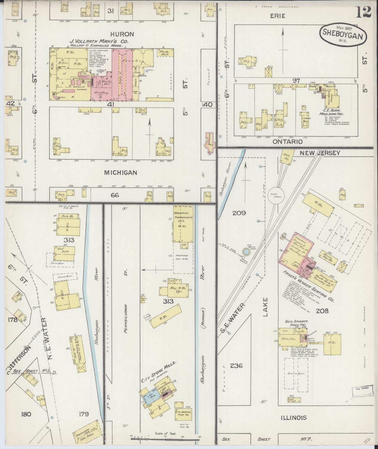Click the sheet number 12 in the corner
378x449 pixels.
(x=363, y=12)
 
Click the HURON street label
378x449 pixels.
(x=122, y=34)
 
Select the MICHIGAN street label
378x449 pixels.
(x=121, y=172)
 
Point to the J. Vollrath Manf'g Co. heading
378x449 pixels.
(x=95, y=41)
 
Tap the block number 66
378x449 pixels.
(x=115, y=195)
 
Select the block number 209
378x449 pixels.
(x=239, y=213)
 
